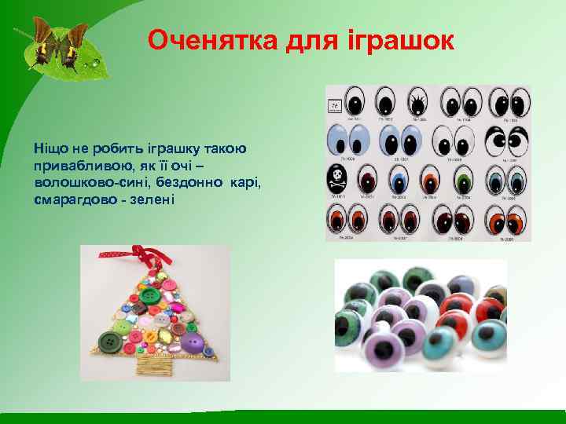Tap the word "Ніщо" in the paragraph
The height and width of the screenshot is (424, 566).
(50, 147)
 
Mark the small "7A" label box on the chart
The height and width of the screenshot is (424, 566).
(334, 104)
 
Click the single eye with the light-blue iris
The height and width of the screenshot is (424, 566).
(338, 142)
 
